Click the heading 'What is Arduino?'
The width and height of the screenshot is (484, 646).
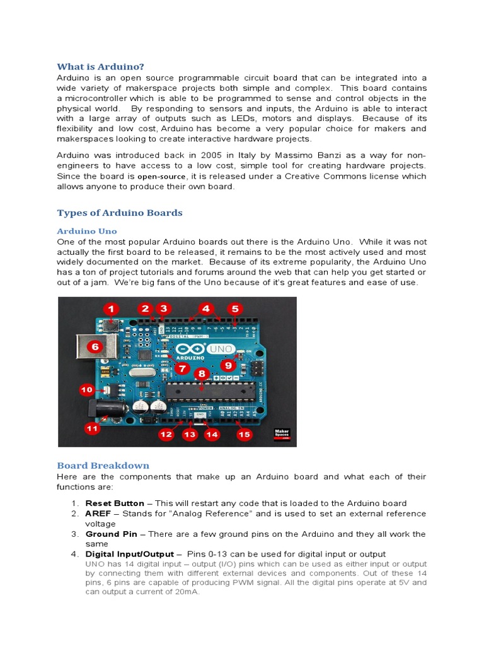[101, 66]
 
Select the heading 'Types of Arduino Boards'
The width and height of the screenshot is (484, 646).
[120, 213]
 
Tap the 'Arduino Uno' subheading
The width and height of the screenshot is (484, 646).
[87, 231]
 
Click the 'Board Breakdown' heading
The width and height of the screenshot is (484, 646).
[103, 466]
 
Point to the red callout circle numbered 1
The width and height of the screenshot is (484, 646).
[112, 309]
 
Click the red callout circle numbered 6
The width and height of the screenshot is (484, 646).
[95, 346]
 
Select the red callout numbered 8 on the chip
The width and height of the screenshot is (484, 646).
[202, 374]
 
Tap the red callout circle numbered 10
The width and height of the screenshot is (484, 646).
[86, 391]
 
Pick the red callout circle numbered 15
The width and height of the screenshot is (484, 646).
[243, 434]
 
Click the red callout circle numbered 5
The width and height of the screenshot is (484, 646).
[234, 309]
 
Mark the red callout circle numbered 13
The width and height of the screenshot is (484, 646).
[190, 434]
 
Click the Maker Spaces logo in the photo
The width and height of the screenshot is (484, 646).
[281, 435]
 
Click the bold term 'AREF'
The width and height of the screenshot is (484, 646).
[98, 514]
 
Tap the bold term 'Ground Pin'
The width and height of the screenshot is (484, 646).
[112, 534]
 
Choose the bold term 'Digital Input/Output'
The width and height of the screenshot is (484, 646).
[129, 554]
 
